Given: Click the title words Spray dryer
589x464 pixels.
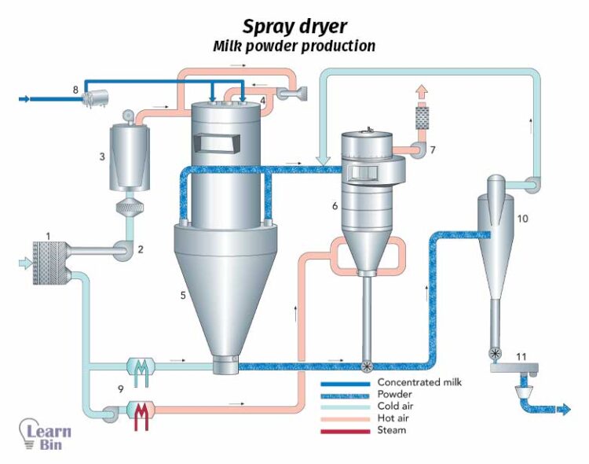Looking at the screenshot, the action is click(x=294, y=27).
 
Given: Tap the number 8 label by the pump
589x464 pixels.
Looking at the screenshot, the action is click(x=75, y=90).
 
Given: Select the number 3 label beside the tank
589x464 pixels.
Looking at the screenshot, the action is click(x=102, y=157).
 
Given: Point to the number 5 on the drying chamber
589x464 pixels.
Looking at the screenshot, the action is click(x=183, y=296).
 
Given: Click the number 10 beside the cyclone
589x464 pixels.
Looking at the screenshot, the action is click(x=522, y=219).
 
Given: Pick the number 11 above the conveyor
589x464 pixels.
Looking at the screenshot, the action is click(x=521, y=356).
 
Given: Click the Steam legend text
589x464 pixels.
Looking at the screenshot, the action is click(x=391, y=430).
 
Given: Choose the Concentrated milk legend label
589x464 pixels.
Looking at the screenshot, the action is click(x=419, y=382).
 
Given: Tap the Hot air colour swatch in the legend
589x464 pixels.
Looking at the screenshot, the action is click(x=346, y=419).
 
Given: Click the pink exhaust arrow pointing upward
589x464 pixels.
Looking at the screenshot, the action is click(x=423, y=92).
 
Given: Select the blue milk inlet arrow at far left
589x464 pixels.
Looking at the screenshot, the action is click(x=24, y=99).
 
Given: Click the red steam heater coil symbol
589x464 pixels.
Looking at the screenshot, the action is click(x=141, y=416).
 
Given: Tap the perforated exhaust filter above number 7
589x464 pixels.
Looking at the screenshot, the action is click(x=423, y=118).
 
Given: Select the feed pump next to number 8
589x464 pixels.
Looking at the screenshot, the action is click(x=97, y=99).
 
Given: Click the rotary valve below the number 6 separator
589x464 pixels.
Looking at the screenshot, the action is click(x=366, y=366).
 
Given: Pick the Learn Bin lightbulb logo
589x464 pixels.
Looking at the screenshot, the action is click(x=44, y=434).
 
